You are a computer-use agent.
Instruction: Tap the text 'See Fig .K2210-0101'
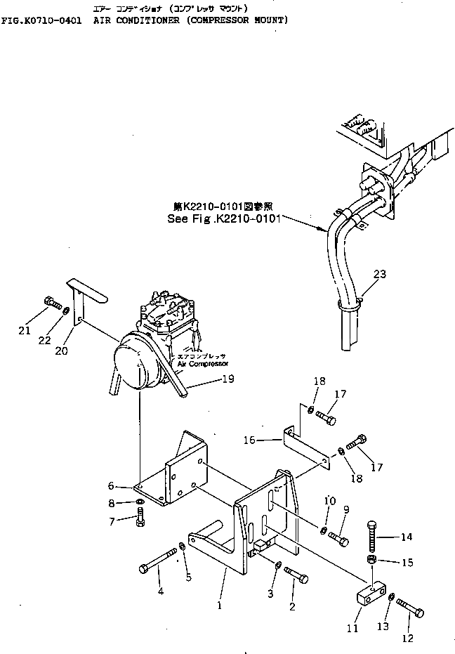tap(224, 218)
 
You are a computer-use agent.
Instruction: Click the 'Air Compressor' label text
tap(202, 364)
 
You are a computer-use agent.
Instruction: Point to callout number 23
tap(379, 275)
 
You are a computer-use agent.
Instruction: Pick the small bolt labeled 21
tap(51, 304)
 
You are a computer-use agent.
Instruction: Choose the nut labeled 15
tap(372, 559)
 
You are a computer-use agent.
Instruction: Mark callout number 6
tap(112, 485)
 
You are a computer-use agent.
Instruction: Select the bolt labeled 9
tap(338, 539)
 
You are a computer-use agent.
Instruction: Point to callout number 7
tap(112, 521)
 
